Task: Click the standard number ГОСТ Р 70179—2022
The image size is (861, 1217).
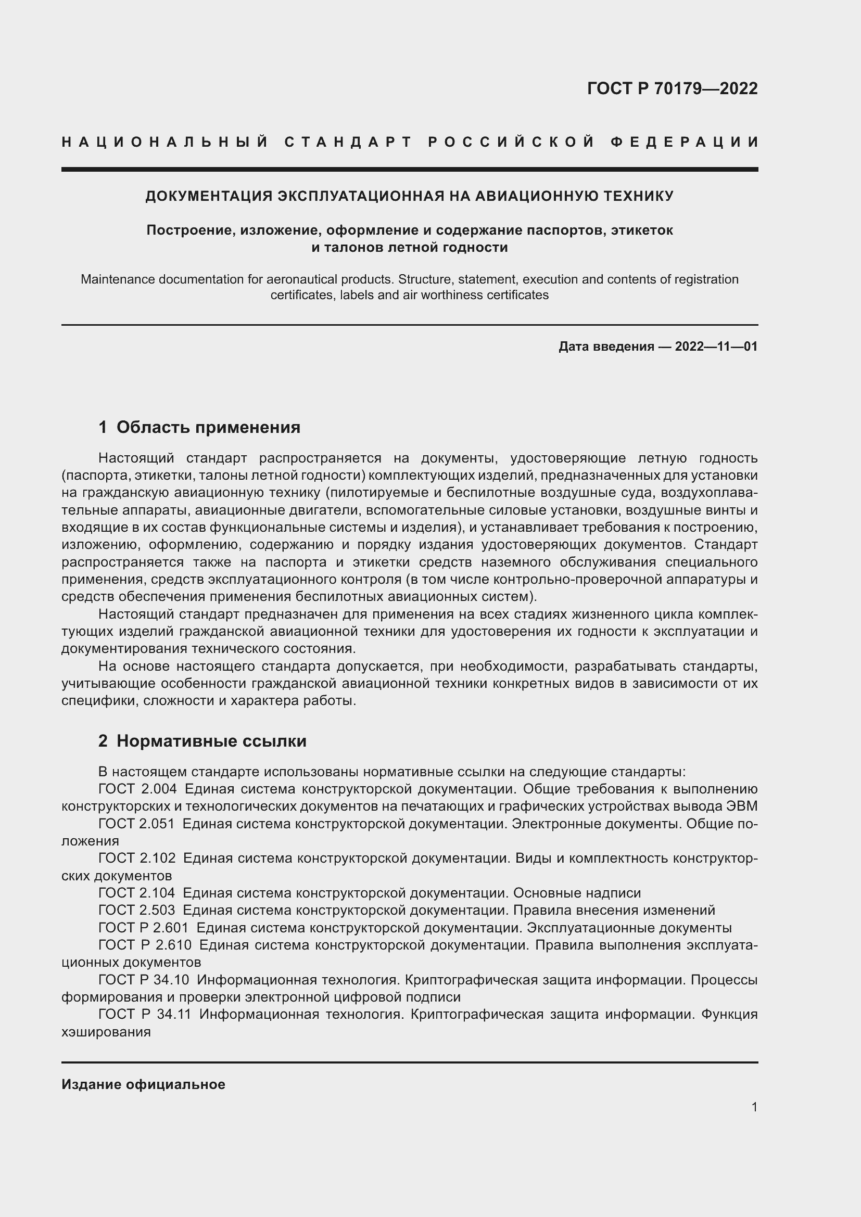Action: pos(672,88)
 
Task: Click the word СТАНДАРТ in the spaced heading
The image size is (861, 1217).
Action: pos(348,142)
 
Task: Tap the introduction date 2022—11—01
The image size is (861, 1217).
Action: pos(716,347)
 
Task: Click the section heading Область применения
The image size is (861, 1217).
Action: pos(208,427)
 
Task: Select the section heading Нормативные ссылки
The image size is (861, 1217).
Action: pos(211,741)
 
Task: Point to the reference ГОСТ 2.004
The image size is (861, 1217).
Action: pos(137,789)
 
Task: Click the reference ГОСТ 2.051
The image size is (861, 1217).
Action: pos(136,824)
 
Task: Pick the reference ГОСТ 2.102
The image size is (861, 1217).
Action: pos(136,858)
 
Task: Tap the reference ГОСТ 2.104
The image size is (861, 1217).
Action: pos(136,893)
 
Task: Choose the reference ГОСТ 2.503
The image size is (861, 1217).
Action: pos(136,910)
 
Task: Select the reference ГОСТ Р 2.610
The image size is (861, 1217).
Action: pos(145,945)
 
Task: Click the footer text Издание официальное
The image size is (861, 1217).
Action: pos(143,1084)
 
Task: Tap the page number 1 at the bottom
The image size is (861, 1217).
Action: pos(754,1107)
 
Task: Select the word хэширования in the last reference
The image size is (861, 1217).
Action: pos(106,1032)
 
